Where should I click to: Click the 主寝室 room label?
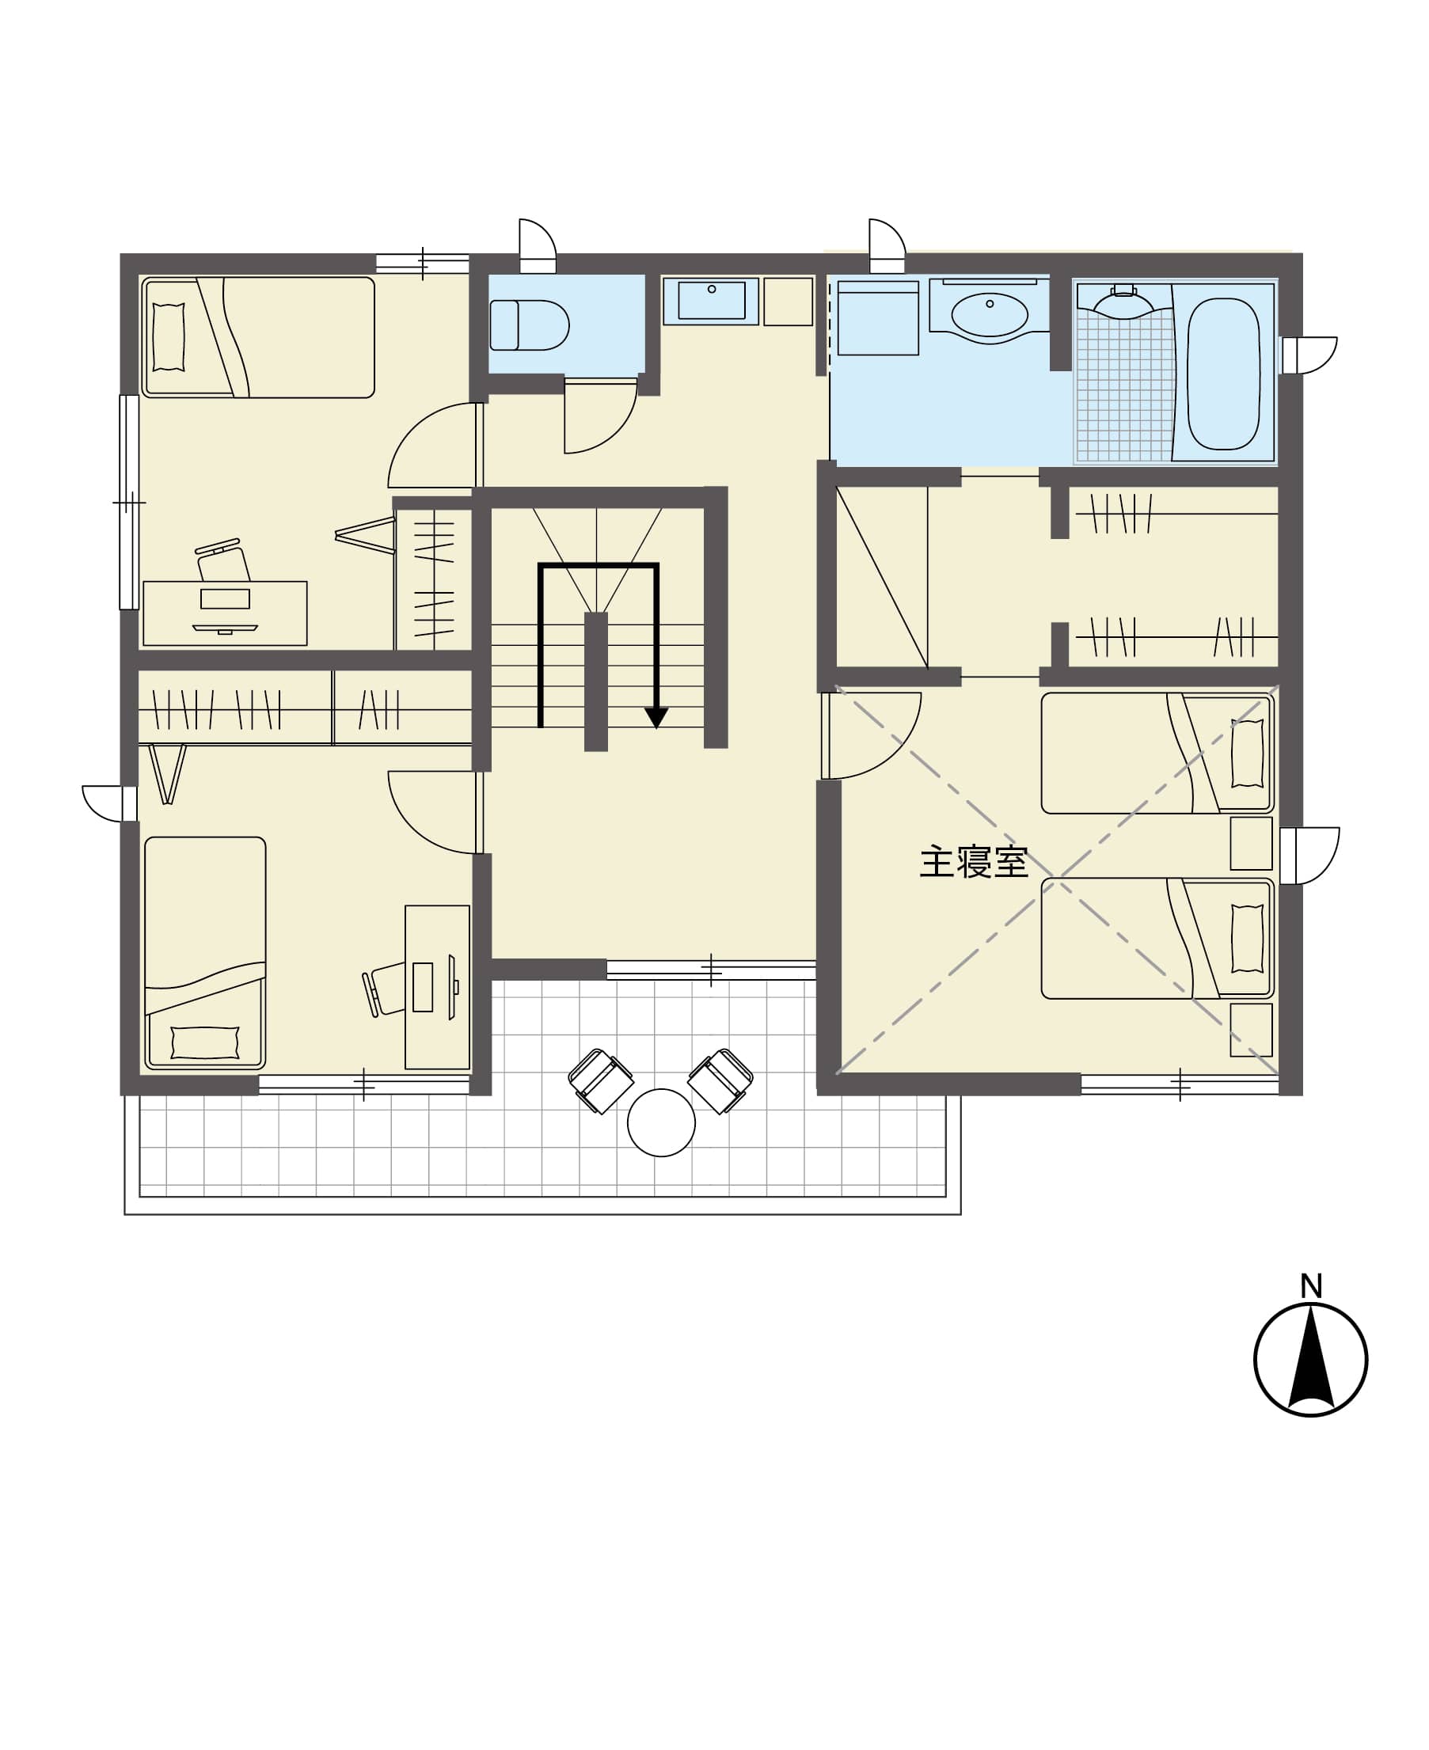tap(973, 862)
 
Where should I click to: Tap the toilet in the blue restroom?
tap(530, 325)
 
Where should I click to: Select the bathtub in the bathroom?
tap(1223, 374)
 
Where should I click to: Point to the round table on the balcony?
tap(661, 1122)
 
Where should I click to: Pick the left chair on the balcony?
tap(601, 1081)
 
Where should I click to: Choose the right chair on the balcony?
tap(720, 1081)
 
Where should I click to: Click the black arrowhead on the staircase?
tap(656, 717)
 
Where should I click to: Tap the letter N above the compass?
tap(1311, 1285)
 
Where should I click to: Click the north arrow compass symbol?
tap(1310, 1359)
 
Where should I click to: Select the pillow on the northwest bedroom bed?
tap(169, 336)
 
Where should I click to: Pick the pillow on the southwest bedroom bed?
tap(205, 1042)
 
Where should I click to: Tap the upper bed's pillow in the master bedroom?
tap(1247, 753)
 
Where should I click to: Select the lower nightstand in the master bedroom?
tap(1251, 1030)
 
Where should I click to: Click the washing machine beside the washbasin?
tap(878, 318)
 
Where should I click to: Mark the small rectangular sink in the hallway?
tap(711, 300)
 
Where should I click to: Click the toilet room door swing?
tap(601, 416)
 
